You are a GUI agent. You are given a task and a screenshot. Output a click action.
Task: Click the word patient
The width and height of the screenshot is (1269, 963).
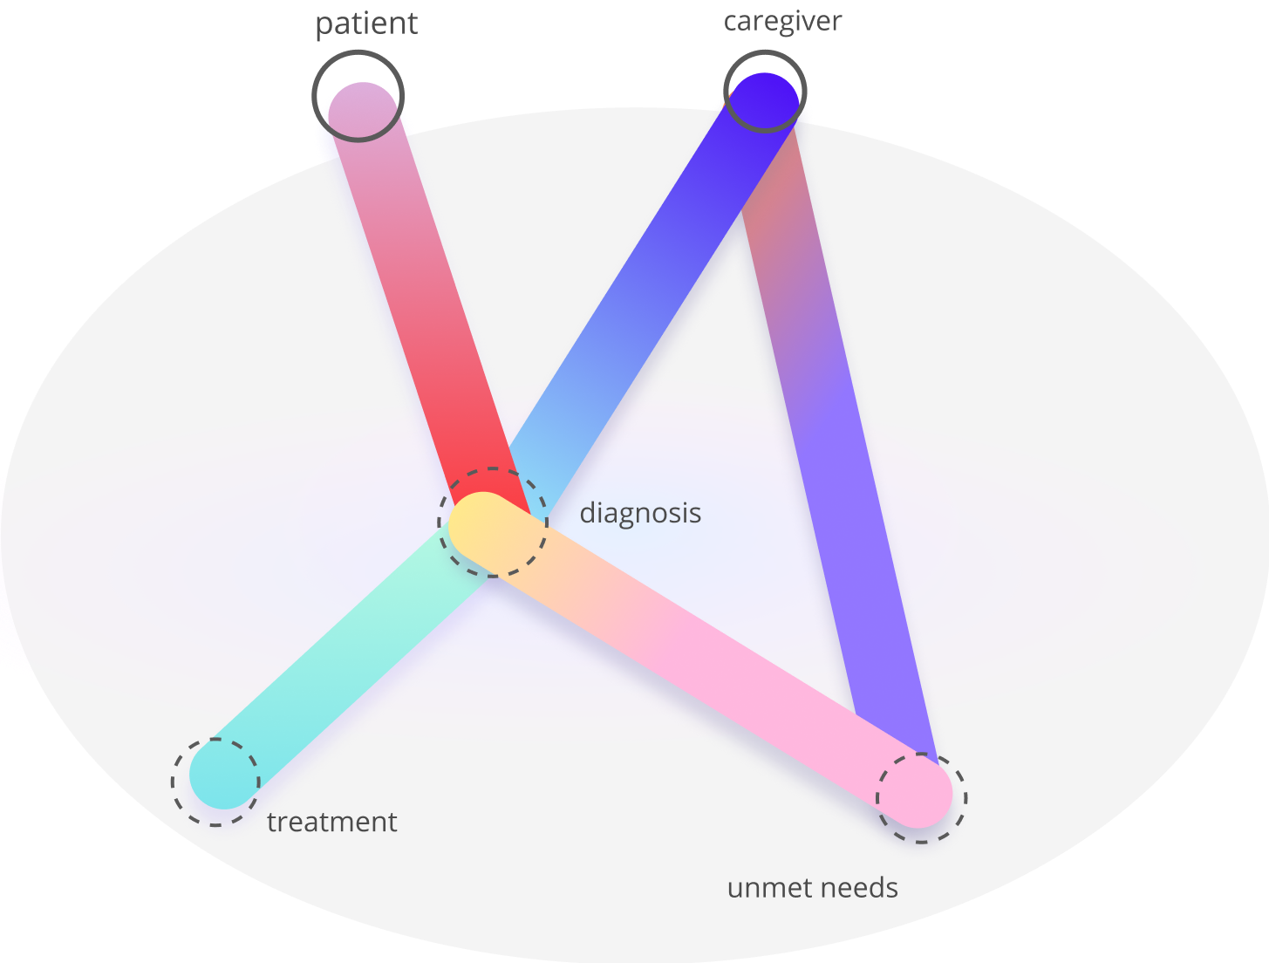366,24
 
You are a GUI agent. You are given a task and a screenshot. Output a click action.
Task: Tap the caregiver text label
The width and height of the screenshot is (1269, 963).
782,21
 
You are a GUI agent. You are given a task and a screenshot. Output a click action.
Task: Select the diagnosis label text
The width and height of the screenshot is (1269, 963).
640,513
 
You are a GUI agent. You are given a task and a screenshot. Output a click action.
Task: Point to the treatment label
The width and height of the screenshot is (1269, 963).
331,822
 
